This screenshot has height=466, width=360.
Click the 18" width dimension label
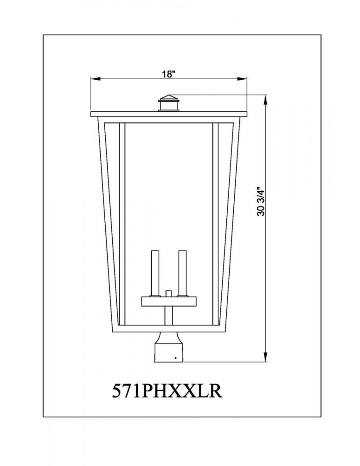169,74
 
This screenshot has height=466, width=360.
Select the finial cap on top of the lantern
169,103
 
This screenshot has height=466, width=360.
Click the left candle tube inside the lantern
155,274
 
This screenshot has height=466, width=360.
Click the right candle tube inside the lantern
182,274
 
